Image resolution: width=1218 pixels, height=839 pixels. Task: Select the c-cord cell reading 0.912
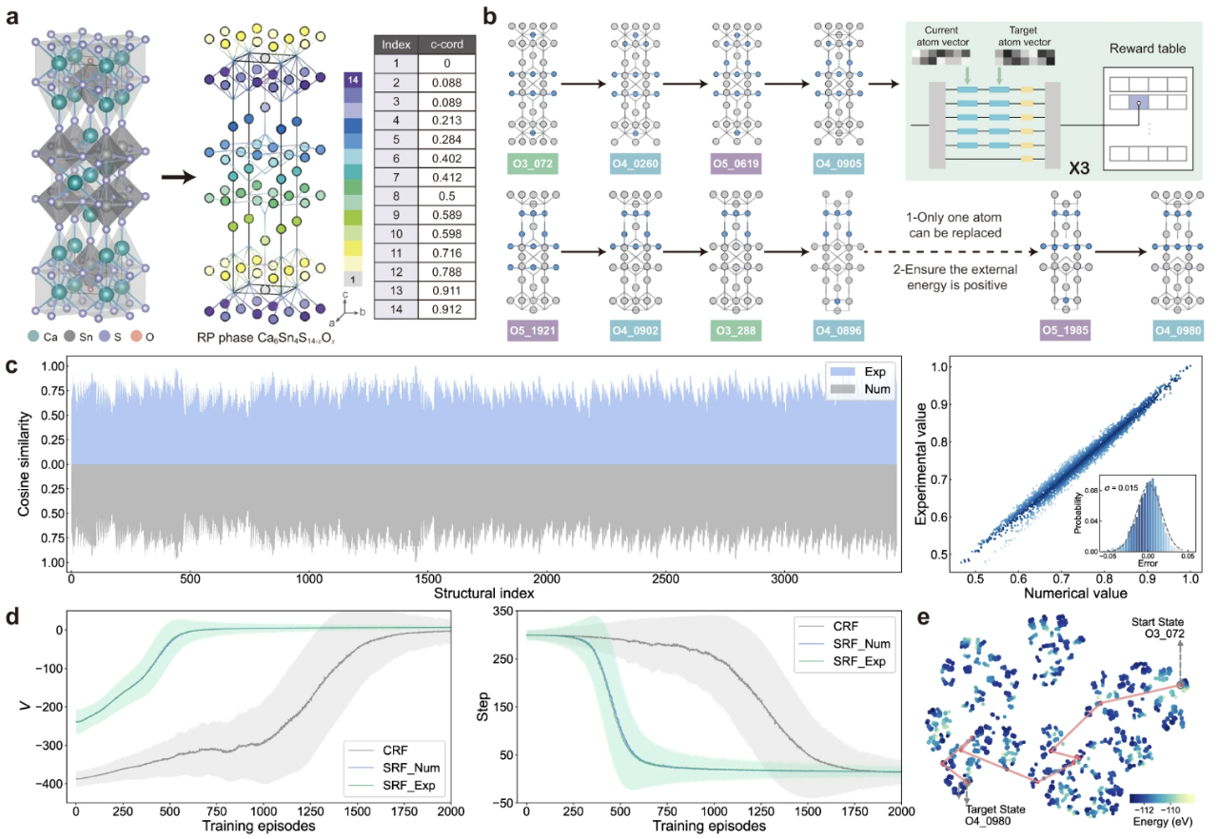pos(446,309)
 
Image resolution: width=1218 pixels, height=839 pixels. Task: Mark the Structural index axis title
pos(483,594)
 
